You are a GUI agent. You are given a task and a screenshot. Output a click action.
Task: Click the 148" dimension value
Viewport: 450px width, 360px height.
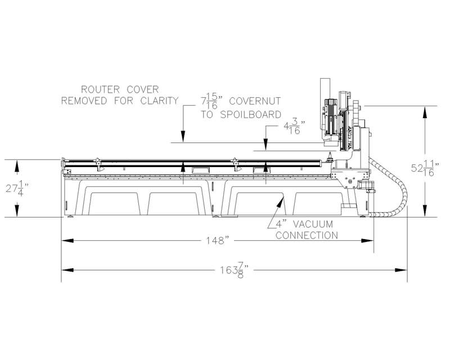218,240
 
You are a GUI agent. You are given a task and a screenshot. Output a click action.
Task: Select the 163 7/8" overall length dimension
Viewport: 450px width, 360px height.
234,270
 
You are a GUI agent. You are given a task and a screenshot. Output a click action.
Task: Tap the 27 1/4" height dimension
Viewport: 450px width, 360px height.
17,188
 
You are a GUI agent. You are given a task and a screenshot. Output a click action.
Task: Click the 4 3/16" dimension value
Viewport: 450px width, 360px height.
294,128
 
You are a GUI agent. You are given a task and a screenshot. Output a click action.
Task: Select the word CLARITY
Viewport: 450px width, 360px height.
159,101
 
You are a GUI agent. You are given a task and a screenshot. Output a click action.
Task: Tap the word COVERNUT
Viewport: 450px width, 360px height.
255,101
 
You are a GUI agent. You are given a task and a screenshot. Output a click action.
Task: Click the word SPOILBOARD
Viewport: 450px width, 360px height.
250,115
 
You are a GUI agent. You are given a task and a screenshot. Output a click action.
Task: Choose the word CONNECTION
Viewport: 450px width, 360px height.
307,236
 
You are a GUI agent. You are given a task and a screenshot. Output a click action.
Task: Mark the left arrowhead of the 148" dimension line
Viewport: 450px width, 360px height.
67,241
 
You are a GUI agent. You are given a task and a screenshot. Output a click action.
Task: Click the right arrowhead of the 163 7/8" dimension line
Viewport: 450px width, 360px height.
401,270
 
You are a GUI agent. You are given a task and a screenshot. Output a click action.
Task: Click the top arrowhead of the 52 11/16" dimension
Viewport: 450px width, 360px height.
425,112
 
